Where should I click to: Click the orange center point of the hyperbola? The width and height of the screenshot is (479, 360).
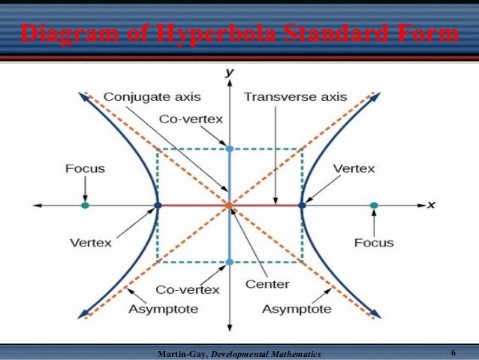pos(229,205)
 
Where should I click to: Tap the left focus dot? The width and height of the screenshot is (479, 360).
pos(85,205)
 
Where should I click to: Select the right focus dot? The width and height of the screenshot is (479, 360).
pos(374,205)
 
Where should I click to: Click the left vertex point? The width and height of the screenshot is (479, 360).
pos(157,205)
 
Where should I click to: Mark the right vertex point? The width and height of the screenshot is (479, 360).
pos(302,205)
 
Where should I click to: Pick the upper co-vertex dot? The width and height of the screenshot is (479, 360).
pos(229,149)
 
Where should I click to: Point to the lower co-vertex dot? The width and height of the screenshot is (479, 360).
pos(229,262)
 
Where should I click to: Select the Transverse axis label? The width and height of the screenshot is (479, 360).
pos(295,97)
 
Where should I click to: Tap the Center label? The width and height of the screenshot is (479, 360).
pos(267,284)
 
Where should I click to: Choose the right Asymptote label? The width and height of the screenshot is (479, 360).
pos(296,309)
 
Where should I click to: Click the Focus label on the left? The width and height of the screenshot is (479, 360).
pos(85,168)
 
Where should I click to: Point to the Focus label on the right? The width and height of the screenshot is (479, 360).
pos(374,242)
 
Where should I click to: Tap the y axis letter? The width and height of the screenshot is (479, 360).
pos(229,72)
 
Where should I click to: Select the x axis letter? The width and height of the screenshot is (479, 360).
pos(432,204)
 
